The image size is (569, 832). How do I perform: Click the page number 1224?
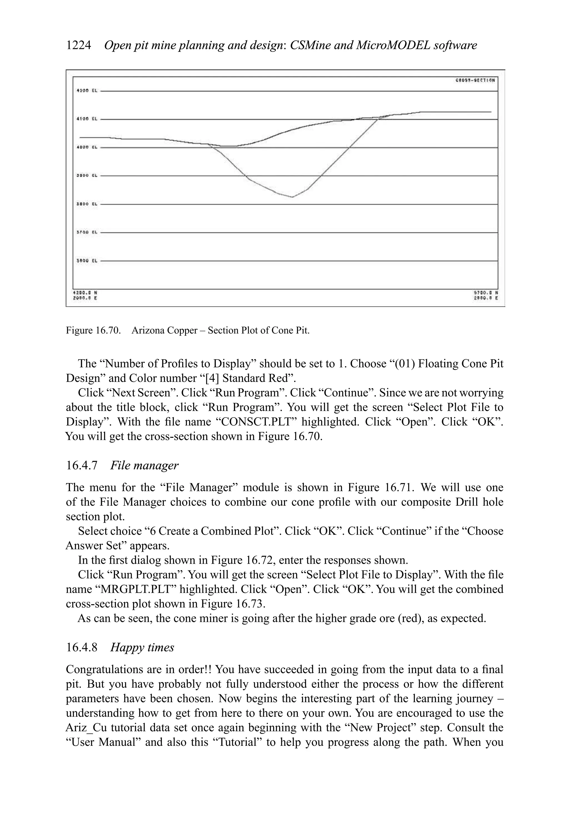tap(78, 46)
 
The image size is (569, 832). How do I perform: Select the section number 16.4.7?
tap(82, 465)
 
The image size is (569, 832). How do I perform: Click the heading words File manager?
tap(144, 465)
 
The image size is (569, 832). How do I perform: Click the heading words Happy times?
tap(142, 647)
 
